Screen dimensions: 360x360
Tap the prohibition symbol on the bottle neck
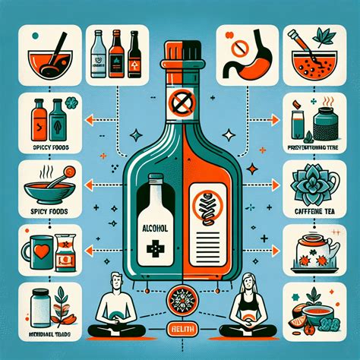tap(179, 99)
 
